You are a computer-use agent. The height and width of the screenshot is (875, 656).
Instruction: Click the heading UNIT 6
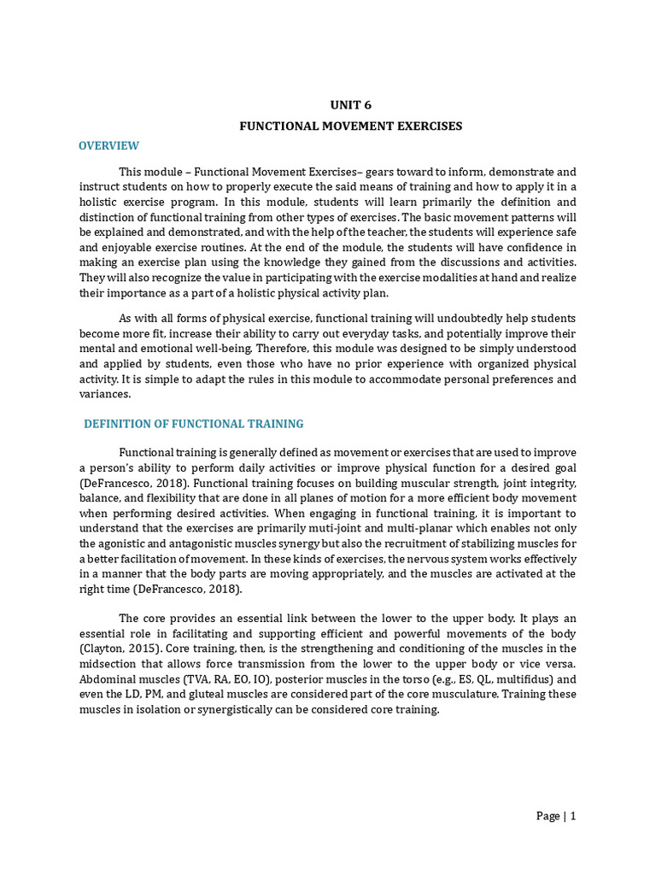[x=351, y=105]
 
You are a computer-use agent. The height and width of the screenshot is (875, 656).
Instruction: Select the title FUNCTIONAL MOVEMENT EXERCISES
[x=350, y=126]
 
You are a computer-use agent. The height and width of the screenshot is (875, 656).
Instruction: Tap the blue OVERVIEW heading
[x=108, y=146]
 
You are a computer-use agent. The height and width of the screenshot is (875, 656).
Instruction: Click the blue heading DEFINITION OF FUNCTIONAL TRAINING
[x=193, y=424]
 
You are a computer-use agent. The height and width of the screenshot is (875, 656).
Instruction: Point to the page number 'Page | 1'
[x=556, y=816]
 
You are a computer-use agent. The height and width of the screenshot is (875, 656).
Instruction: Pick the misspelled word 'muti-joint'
[x=312, y=529]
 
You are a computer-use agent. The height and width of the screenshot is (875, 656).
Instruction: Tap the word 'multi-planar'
[x=378, y=529]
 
